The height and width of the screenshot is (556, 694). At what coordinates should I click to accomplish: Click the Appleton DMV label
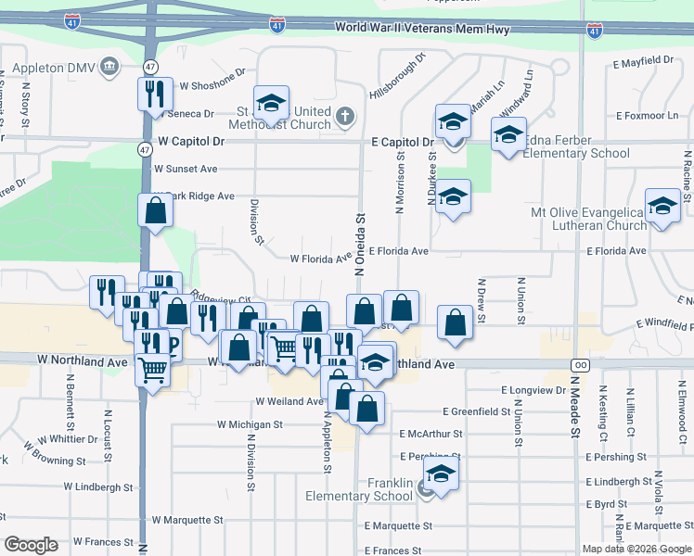tap(47, 68)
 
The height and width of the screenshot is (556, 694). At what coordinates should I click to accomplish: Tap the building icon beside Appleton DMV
tap(109, 67)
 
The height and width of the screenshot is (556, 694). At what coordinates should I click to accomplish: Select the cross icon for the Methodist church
tap(345, 116)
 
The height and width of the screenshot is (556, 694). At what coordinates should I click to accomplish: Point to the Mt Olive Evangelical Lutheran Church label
tap(587, 219)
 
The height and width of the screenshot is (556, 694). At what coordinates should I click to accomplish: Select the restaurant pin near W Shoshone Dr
tap(154, 93)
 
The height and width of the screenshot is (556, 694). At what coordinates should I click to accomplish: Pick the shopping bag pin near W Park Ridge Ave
tap(155, 210)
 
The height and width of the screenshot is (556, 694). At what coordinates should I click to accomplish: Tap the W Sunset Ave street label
tap(186, 170)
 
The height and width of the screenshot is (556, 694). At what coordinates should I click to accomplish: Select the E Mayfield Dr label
tap(643, 61)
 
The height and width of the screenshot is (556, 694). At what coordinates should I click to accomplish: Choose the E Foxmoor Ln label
tap(647, 116)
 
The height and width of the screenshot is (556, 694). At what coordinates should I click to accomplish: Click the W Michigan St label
tap(250, 424)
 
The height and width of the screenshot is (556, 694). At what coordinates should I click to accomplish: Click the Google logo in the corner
tap(31, 545)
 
